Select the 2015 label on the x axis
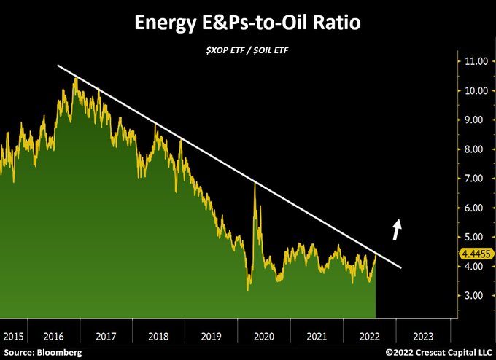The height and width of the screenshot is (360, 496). coord(12,337)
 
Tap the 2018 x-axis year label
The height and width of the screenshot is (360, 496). coord(158,337)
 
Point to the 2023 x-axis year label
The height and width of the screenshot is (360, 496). coord(423,337)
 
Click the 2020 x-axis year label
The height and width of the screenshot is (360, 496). coord(264,337)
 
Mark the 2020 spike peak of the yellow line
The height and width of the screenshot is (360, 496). coord(255,183)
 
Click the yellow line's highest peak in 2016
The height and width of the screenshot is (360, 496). coord(75,78)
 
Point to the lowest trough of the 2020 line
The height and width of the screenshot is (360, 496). coord(248,291)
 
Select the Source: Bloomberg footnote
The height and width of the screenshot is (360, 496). coord(42,353)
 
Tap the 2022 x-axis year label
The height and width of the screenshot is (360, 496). coord(370,337)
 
